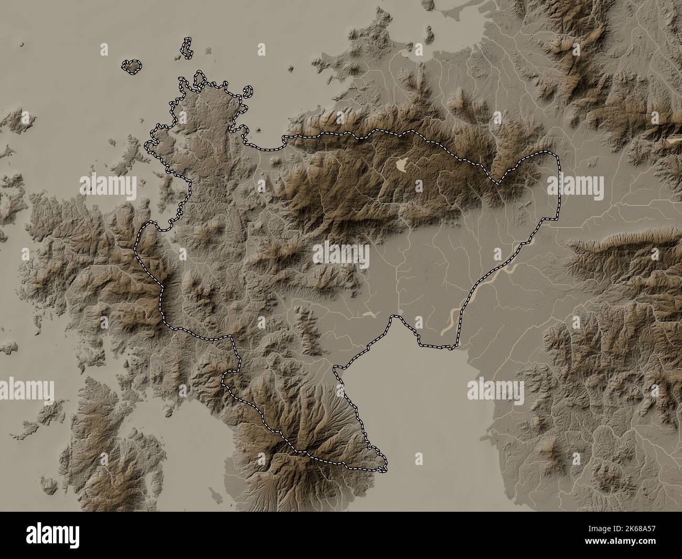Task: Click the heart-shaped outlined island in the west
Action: click(x=132, y=66)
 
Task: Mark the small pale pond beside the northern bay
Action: click(x=406, y=53)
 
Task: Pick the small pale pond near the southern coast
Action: click(x=369, y=314)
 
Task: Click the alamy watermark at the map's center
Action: click(x=341, y=255)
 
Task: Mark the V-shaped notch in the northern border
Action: click(x=497, y=183)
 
